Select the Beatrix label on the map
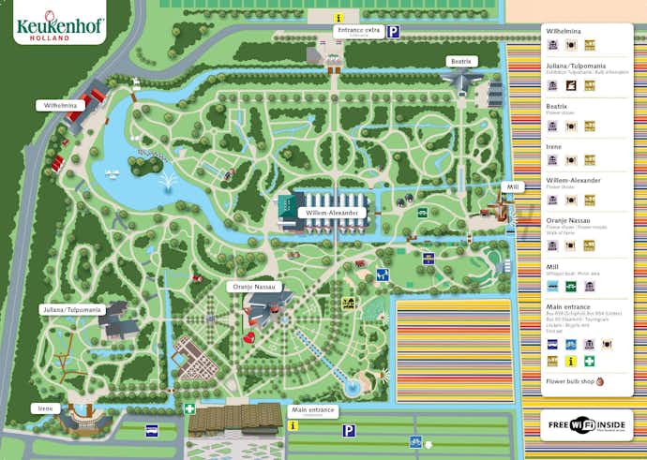(461, 61)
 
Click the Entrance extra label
(358, 31)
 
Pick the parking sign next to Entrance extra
(395, 31)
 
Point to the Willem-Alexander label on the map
(332, 213)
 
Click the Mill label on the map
(512, 187)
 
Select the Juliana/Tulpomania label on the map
(70, 308)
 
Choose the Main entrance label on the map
(312, 409)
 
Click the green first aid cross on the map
(189, 408)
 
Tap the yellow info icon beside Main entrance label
(293, 424)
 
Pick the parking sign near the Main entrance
(349, 431)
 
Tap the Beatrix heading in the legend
(556, 107)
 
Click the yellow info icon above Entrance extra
(340, 17)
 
